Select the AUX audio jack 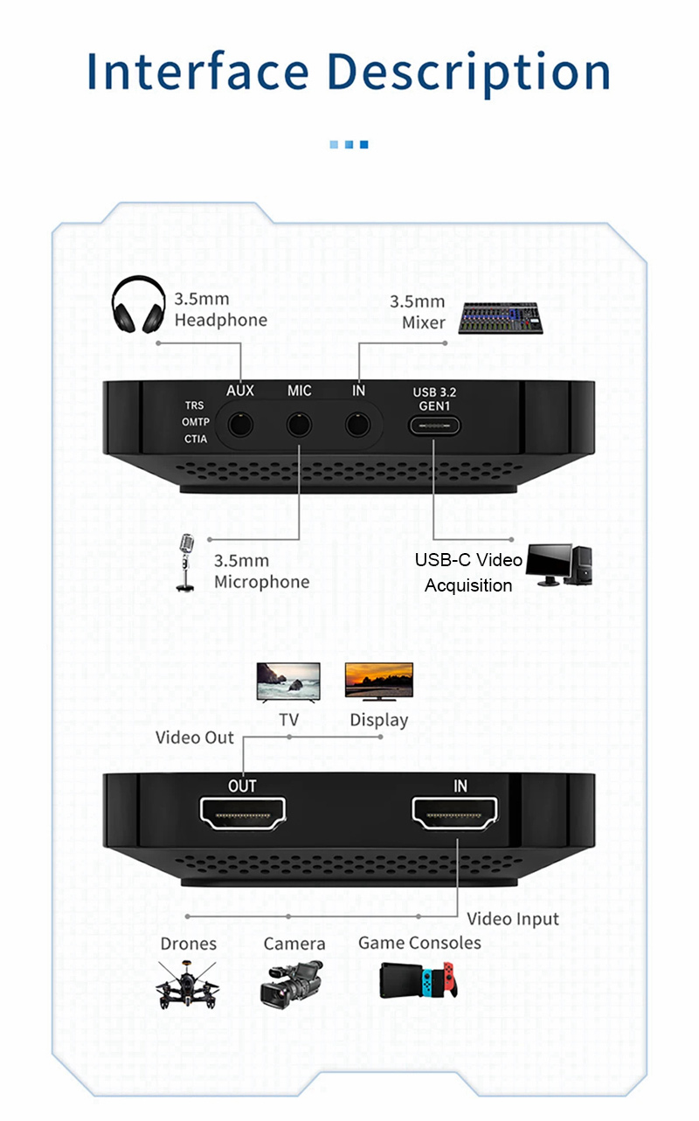pos(240,426)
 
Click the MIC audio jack pos(300,426)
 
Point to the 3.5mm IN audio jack pos(357,426)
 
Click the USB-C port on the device pos(434,426)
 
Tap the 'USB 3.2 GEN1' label pos(434,399)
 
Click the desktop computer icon pos(560,565)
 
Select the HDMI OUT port pos(242,816)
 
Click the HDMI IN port pos(455,816)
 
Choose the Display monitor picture pos(378,682)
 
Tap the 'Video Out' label pos(195,737)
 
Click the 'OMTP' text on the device pos(195,422)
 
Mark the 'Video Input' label pos(513,918)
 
